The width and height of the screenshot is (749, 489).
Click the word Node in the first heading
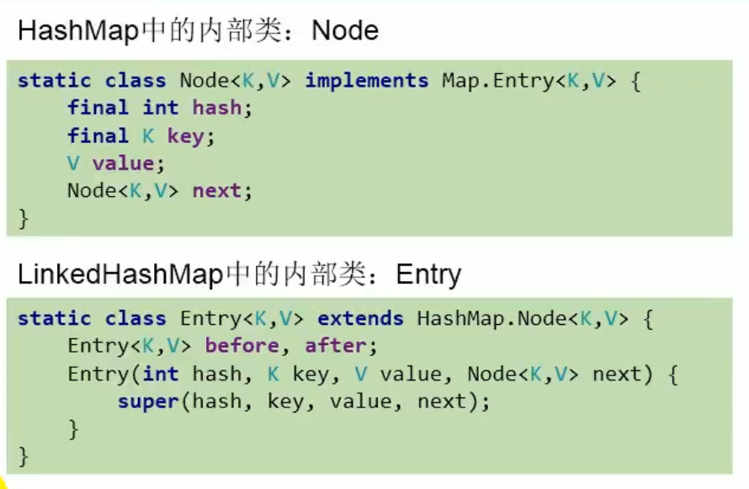pos(345,31)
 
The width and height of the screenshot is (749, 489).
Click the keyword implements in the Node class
pos(367,81)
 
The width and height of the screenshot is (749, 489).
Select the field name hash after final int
pos(216,109)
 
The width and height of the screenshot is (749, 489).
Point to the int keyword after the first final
pos(161,109)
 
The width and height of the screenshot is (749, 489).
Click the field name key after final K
pos(185,136)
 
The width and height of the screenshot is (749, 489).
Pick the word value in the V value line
pos(123,163)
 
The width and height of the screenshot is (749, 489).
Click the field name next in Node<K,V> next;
pos(216,191)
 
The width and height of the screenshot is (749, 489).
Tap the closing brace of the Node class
pos(24,218)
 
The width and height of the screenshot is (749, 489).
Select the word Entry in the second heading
pos(428,275)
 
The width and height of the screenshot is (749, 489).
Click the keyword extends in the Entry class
pos(360,319)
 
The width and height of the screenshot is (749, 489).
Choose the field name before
pos(242,346)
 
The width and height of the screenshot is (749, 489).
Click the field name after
pos(335,346)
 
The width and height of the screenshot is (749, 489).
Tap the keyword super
pos(148,401)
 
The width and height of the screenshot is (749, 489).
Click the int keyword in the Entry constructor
pos(161,374)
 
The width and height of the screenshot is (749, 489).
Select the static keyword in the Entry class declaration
pos(55,319)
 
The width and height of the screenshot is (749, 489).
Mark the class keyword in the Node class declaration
pos(135,81)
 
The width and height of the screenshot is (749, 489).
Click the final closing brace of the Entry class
pos(24,456)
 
